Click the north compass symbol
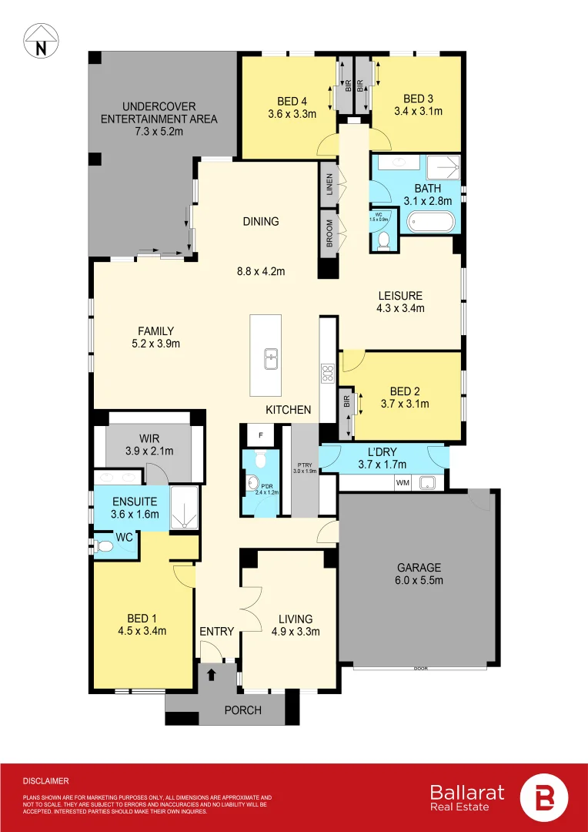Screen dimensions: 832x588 click(40, 40)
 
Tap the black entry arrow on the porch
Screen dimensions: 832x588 click(212, 674)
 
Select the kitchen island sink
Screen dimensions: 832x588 click(271, 358)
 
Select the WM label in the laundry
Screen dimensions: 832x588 click(401, 483)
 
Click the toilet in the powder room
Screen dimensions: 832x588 click(261, 461)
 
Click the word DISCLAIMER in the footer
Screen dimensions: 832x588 click(46, 780)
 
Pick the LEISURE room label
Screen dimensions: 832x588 click(399, 295)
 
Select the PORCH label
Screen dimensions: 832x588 click(242, 710)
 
